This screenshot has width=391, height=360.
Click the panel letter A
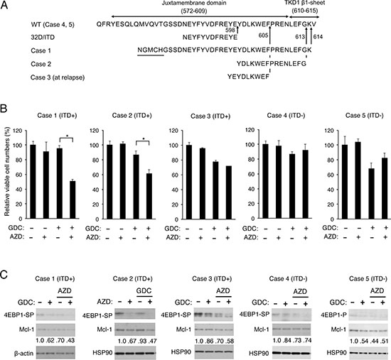point(4,5)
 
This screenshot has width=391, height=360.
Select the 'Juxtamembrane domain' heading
point(194,4)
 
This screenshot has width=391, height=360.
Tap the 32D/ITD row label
point(43,38)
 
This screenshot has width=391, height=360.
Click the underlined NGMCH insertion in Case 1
point(151,50)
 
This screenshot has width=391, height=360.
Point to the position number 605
point(263,36)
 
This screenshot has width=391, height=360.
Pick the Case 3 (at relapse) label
point(58,77)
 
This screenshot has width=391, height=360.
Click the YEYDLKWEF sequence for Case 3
point(248,77)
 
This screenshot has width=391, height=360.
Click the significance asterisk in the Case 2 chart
point(144,138)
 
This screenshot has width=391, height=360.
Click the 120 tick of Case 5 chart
point(329,130)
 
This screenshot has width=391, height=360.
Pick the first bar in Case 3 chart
point(189,182)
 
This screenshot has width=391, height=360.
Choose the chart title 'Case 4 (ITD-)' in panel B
point(286,116)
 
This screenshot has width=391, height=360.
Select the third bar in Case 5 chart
point(373,194)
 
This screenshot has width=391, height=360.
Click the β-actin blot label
point(24,353)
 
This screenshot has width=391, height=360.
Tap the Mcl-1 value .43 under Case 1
point(70,340)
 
